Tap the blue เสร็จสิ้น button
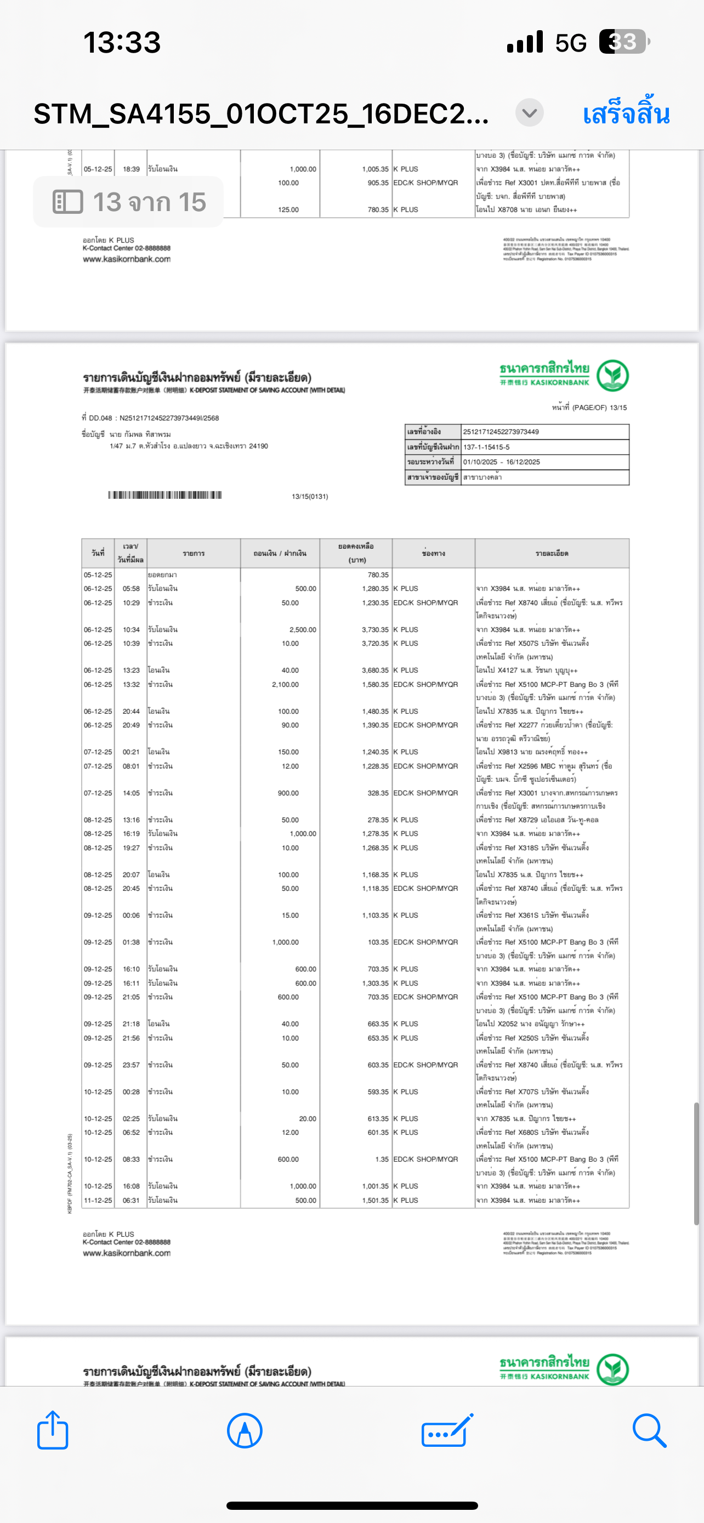coord(626,113)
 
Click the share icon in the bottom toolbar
coord(53,1430)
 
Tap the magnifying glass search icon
coord(649,1430)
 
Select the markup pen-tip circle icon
coord(244,1430)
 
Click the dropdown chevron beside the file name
coord(529,112)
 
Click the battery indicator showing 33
coord(623,42)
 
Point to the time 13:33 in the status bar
coord(122,43)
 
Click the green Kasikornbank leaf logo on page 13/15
coord(612,376)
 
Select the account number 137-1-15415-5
coord(486,447)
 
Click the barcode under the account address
coord(164,495)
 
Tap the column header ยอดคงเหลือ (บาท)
coord(356,553)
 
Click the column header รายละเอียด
coord(552,553)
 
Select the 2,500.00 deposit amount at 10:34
coord(303,630)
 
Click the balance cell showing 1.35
coord(381,1160)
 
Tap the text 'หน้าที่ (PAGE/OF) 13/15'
coord(589,407)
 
